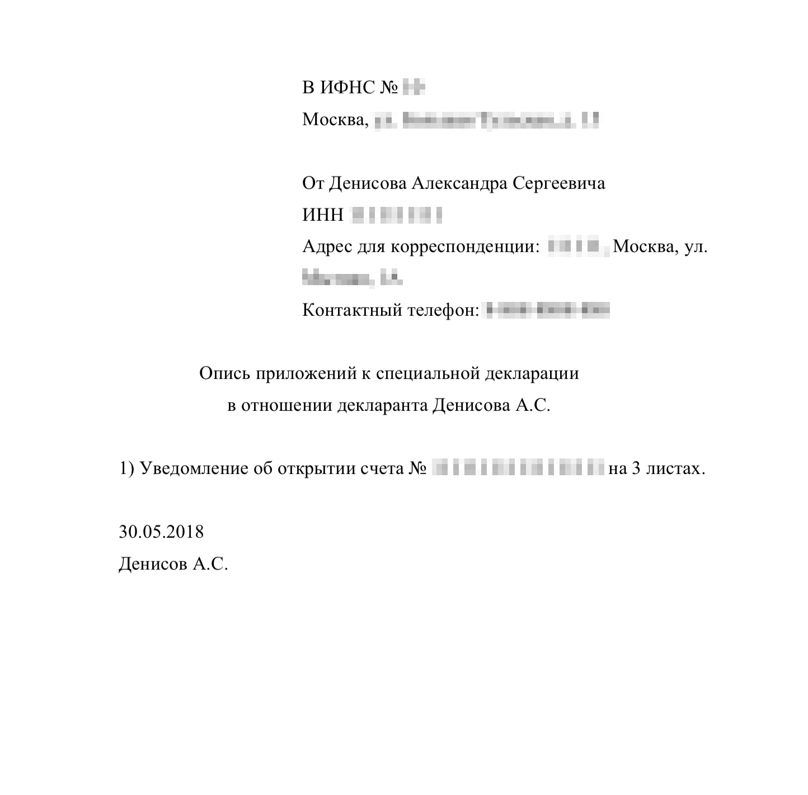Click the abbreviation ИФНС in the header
[x=347, y=88]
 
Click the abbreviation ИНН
[x=322, y=215]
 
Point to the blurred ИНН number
[x=396, y=215]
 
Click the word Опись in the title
[x=225, y=373]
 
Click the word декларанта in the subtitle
[x=383, y=405]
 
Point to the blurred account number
[x=519, y=468]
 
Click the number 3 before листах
[x=636, y=468]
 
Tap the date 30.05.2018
[x=161, y=531]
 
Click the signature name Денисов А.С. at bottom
[x=173, y=564]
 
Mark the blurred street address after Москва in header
[x=487, y=120]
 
